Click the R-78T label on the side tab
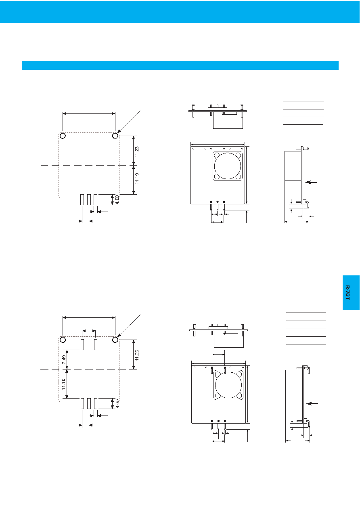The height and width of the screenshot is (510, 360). click(347, 293)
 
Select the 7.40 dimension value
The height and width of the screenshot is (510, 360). click(64, 359)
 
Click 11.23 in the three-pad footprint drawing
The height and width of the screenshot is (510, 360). click(137, 152)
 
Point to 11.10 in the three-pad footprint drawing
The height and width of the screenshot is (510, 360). click(137, 178)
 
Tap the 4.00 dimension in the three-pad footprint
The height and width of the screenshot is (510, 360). click(117, 199)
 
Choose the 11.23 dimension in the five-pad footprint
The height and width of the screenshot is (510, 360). click(137, 355)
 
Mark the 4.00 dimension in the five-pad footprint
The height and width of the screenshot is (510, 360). click(117, 404)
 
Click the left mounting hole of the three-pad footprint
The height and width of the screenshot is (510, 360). click(63, 136)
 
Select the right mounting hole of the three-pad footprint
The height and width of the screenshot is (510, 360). click(115, 136)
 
